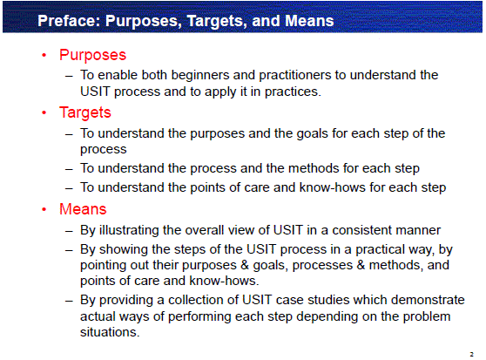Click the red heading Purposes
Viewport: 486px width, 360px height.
pos(92,56)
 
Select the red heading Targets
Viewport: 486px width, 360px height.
pos(85,112)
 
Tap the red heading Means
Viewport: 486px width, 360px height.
pos(83,208)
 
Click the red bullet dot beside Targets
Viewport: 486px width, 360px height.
pos(44,112)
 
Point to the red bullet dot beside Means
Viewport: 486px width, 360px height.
pos(44,209)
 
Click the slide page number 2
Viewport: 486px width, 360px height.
pos(471,354)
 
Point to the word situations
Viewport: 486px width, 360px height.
pos(110,332)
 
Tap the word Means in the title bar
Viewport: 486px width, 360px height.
pos(309,21)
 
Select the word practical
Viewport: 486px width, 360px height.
pos(376,249)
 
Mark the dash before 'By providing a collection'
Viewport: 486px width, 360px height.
pos(69,301)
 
